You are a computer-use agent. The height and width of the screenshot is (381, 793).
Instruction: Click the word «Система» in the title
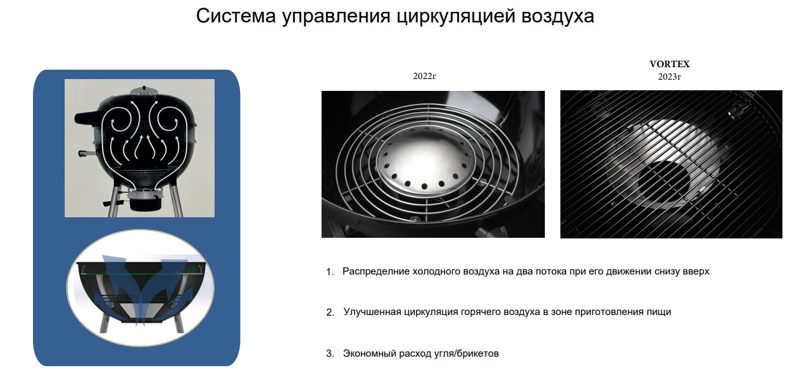point(236,16)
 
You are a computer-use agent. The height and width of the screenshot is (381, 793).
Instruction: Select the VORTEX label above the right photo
point(669,64)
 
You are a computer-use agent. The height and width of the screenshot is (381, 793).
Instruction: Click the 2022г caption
point(424,76)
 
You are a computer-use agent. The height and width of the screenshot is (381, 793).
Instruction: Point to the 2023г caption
point(669,77)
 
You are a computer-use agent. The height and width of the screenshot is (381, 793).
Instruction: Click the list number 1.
point(330,272)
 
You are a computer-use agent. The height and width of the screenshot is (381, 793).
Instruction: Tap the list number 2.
point(330,313)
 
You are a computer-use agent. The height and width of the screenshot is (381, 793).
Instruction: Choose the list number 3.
point(330,354)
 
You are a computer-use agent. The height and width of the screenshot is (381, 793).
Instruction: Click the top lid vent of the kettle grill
point(144,90)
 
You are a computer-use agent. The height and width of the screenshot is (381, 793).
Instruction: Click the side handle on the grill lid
point(88,117)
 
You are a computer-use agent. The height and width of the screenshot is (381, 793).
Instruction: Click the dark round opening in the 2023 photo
point(664,182)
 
